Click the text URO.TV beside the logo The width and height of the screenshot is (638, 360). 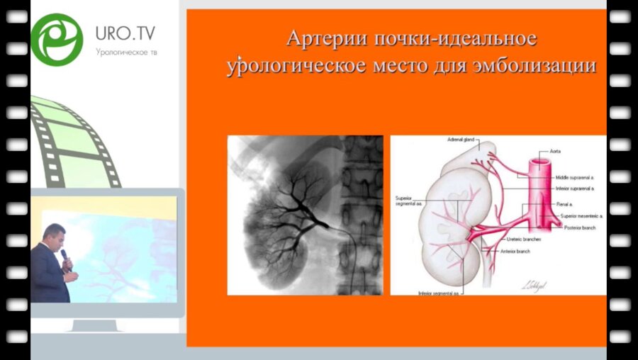(x=125, y=33)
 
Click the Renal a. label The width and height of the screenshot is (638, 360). (x=565, y=203)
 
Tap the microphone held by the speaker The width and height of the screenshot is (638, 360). (x=64, y=256)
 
